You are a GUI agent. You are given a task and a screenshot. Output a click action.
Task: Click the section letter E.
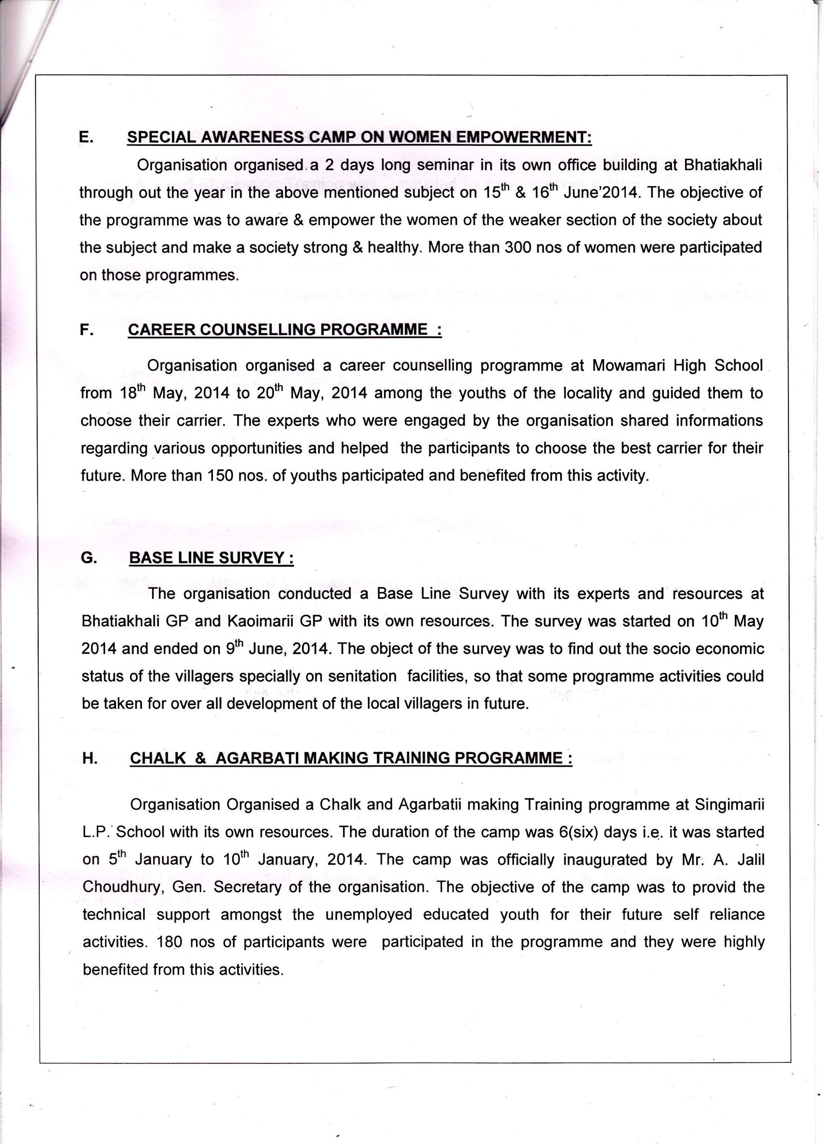tap(85, 137)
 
